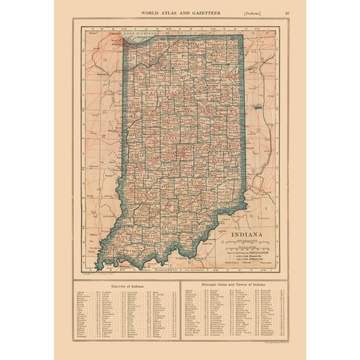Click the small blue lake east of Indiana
pos(257,108)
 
